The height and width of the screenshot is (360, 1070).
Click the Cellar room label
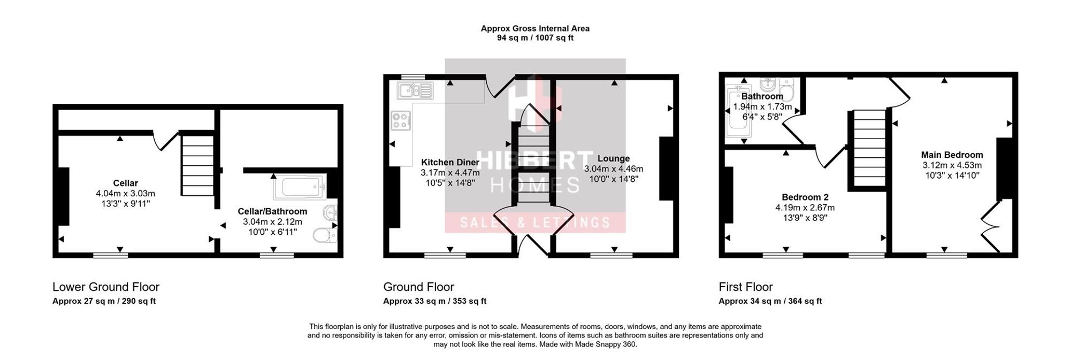(x=126, y=183)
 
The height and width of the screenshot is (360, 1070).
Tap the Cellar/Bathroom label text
(x=272, y=212)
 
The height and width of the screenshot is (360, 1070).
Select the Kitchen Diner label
(x=450, y=163)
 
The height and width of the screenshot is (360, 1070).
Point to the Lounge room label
(x=614, y=158)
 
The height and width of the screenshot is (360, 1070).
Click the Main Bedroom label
(x=952, y=155)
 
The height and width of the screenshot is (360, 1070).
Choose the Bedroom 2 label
(x=805, y=197)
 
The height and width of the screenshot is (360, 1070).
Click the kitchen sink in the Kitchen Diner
(x=415, y=91)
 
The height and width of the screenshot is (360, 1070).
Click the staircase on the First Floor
(x=868, y=148)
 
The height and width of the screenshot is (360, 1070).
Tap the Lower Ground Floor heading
(x=106, y=287)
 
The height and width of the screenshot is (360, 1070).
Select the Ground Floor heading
(x=418, y=287)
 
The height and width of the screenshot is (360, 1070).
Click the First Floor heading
(x=746, y=287)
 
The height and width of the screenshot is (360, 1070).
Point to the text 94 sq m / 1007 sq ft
(x=535, y=38)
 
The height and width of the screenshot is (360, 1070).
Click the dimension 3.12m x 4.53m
(x=952, y=165)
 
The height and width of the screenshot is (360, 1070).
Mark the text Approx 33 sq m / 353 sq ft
(x=435, y=301)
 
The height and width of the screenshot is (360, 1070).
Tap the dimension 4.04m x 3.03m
(x=126, y=194)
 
